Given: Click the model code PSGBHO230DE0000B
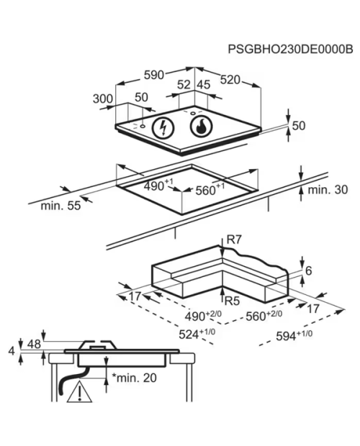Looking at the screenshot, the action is click(x=290, y=49).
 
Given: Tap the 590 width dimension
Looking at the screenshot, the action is click(x=154, y=75).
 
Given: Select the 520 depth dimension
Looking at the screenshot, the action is click(x=230, y=80).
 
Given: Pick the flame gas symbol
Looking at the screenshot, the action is click(x=201, y=126).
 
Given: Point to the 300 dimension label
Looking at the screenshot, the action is click(x=103, y=99).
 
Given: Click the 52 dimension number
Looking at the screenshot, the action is click(x=184, y=84).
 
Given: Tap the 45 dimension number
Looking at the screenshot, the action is click(x=204, y=84).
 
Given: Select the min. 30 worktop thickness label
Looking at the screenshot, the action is click(x=328, y=189).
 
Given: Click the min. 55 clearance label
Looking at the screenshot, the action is click(x=60, y=205).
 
